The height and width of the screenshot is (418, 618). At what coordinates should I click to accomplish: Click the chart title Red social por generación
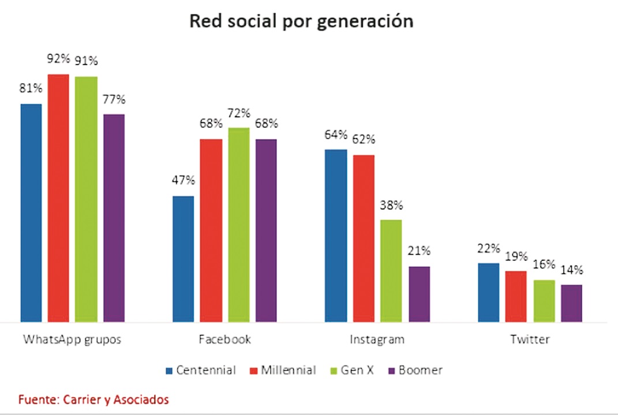301,22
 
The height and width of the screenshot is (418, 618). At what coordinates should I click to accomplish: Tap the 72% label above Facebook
239,113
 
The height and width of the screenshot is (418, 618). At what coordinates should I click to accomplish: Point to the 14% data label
571,270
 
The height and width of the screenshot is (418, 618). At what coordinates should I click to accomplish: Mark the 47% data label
183,181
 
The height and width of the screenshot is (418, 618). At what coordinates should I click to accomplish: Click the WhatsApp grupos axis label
72,339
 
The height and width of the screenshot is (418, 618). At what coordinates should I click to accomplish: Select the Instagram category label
377,339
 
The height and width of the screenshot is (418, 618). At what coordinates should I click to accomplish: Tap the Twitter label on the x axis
530,339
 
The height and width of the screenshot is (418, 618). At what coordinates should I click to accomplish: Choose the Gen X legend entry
351,370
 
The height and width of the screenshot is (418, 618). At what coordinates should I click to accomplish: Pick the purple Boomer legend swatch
393,371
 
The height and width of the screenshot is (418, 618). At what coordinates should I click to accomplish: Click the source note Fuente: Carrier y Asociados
93,399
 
